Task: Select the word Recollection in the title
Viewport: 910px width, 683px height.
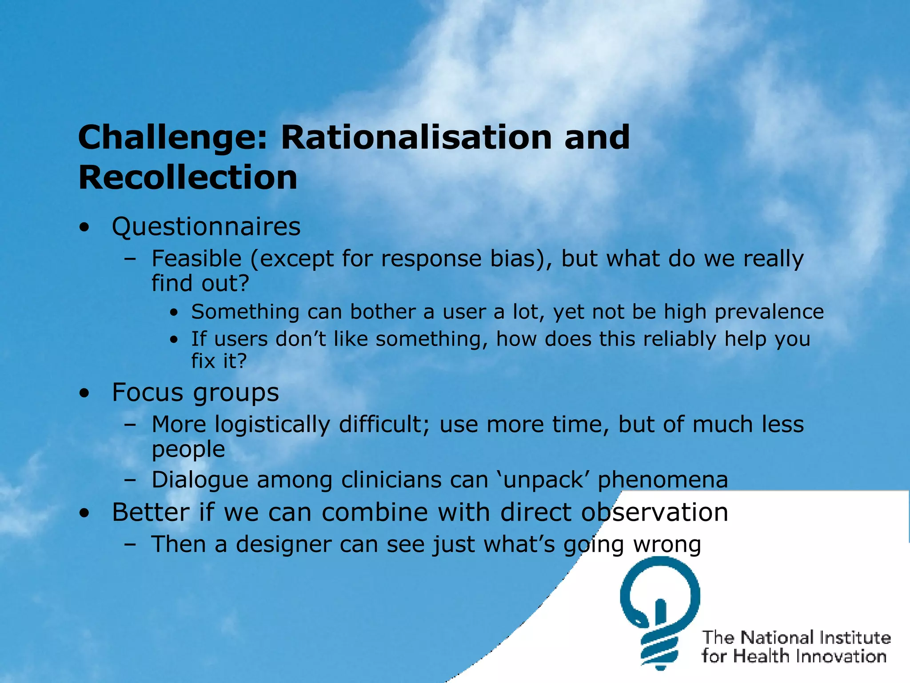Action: [188, 177]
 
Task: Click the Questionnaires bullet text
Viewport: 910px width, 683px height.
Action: [206, 227]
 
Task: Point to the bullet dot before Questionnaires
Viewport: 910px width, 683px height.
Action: [84, 228]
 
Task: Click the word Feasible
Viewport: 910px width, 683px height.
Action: [196, 259]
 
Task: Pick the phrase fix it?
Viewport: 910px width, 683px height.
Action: [219, 361]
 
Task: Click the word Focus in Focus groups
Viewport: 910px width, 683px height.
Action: [147, 393]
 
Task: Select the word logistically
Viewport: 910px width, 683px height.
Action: [272, 425]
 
